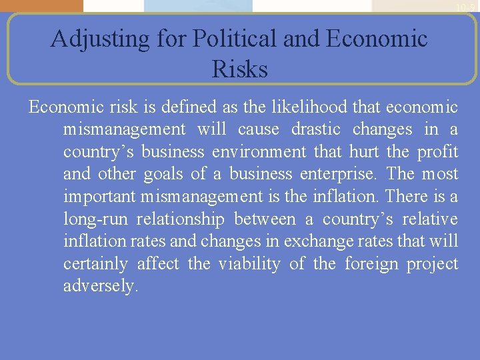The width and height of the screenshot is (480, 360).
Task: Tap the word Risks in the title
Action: tap(239, 69)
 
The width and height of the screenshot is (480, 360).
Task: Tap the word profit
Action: tap(437, 152)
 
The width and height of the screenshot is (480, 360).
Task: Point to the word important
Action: tap(99, 197)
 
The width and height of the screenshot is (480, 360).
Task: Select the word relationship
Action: tap(191, 220)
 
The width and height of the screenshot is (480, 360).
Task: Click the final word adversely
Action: tap(101, 287)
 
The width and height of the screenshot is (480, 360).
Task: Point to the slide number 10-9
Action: tap(465, 7)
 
